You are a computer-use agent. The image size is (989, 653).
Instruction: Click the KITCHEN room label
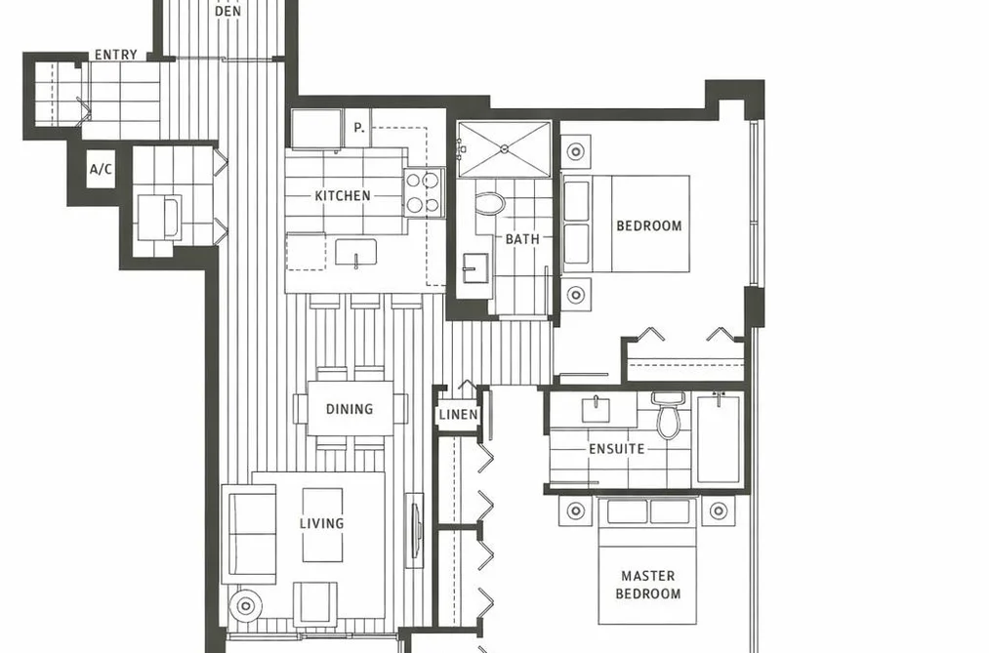click(x=343, y=195)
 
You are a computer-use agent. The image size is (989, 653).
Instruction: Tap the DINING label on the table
click(x=350, y=409)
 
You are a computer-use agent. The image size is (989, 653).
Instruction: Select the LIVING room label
click(x=321, y=523)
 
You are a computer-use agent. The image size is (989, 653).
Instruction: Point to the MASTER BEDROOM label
click(x=647, y=585)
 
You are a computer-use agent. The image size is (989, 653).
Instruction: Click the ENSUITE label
click(x=617, y=449)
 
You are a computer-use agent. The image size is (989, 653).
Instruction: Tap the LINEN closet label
click(x=458, y=415)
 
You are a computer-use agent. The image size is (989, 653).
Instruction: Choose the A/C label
click(x=101, y=169)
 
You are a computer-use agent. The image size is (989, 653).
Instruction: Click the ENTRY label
click(x=116, y=55)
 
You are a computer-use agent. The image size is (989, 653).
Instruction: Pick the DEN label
click(x=227, y=11)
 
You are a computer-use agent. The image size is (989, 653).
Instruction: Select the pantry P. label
click(x=359, y=127)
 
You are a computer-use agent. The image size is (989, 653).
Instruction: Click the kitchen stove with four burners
click(x=423, y=193)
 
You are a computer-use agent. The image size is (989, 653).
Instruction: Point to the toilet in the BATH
click(x=489, y=203)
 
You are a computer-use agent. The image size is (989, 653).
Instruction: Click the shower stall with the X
click(x=504, y=149)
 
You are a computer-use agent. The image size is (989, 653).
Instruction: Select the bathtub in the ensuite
click(x=719, y=438)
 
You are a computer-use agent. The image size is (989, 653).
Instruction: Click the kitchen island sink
click(x=355, y=252)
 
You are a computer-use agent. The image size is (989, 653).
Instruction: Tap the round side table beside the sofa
click(x=246, y=606)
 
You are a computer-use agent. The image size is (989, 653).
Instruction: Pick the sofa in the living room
click(x=250, y=535)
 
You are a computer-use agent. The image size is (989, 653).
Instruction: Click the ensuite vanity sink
click(x=597, y=410)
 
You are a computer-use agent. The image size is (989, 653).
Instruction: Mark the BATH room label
click(x=522, y=239)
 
